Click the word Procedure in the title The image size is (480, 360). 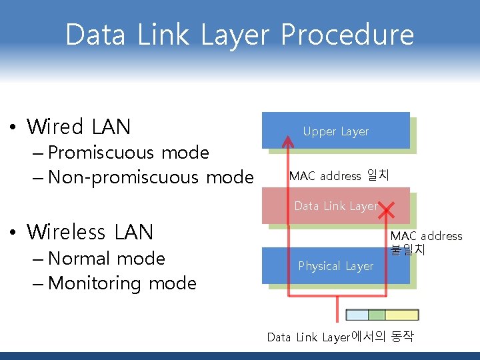pyautogui.click(x=347, y=35)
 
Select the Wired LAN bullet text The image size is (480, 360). pyautogui.click(x=79, y=126)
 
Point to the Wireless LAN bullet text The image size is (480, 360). pyautogui.click(x=90, y=232)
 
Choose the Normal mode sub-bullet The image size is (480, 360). pyautogui.click(x=107, y=258)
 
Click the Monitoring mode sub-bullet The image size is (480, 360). pyautogui.click(x=122, y=283)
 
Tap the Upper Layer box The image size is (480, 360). pyautogui.click(x=335, y=131)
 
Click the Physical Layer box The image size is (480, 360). pyautogui.click(x=335, y=266)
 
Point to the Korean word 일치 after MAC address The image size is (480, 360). pyautogui.click(x=378, y=176)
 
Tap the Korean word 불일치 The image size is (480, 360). pyautogui.click(x=408, y=250)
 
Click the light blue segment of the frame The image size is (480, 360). pyautogui.click(x=357, y=315)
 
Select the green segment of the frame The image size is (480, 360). pyautogui.click(x=377, y=315)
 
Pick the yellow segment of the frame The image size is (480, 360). pyautogui.click(x=401, y=315)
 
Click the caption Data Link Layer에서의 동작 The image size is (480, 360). pyautogui.click(x=340, y=337)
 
